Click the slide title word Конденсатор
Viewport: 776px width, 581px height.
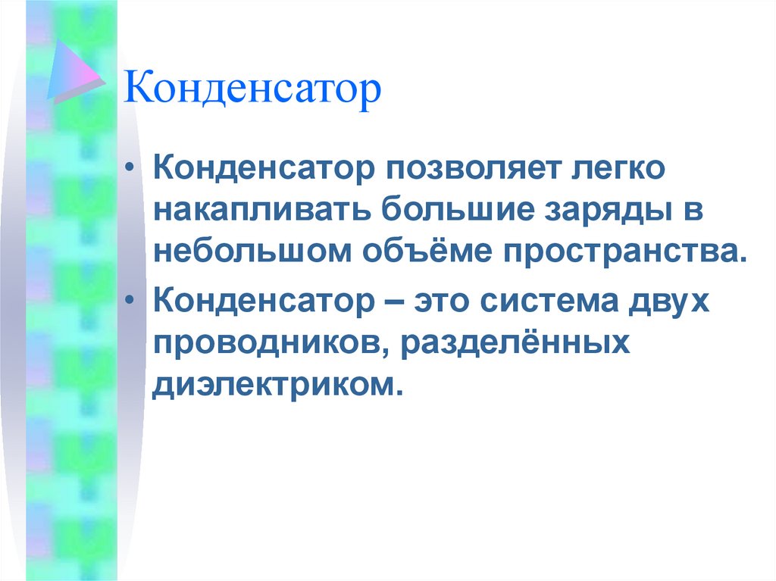click(253, 90)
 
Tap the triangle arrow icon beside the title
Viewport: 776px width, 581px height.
click(74, 71)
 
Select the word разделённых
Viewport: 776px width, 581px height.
click(516, 343)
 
